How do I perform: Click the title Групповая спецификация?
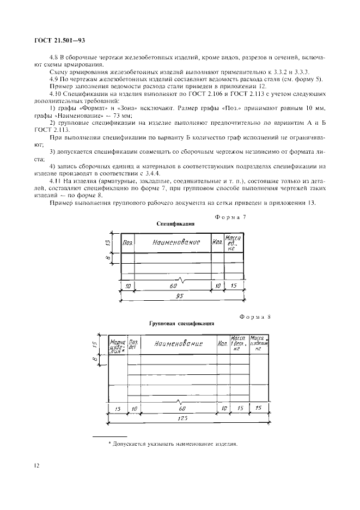click(181, 323)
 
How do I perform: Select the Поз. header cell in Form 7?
click(128, 242)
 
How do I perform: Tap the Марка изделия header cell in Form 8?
click(118, 344)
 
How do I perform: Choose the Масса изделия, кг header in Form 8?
click(259, 344)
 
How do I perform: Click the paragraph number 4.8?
click(55, 57)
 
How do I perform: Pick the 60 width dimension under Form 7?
click(173, 286)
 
